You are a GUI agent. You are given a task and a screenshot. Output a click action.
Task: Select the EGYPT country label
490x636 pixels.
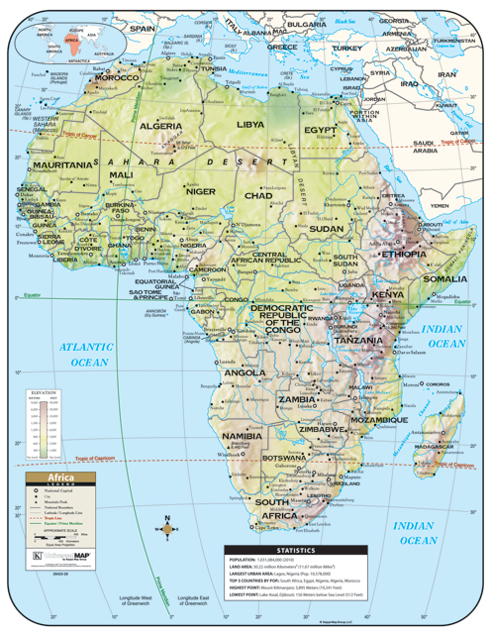(x=321, y=130)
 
